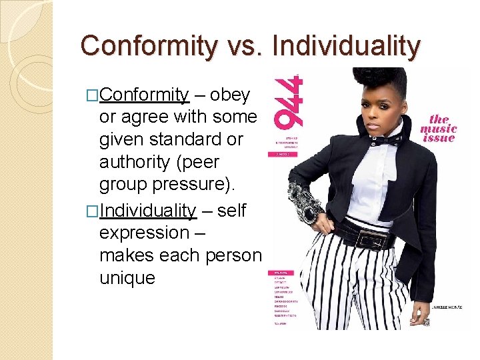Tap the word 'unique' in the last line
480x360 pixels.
127,277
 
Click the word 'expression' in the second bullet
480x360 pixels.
143,233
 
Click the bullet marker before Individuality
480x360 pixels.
93,211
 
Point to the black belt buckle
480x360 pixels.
373,237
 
